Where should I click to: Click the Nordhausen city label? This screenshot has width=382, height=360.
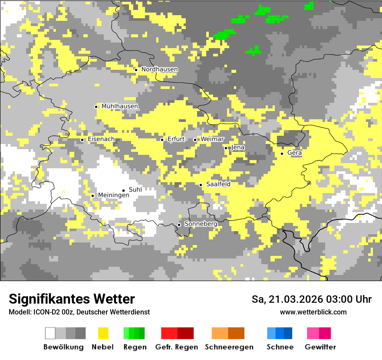[159, 69]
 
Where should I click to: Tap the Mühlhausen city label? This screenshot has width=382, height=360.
[120, 106]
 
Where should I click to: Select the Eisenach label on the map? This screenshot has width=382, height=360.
[101, 139]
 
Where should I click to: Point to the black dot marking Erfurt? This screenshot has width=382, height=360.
[162, 140]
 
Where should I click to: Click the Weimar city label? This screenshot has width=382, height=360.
[212, 139]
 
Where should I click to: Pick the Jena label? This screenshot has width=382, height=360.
[238, 147]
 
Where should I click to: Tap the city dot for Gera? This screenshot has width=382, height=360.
[282, 154]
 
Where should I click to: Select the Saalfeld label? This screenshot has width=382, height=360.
[218, 184]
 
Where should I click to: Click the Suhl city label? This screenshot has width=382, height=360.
[135, 190]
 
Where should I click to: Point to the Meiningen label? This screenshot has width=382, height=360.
[113, 196]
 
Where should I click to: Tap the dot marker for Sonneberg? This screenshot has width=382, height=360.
[179, 225]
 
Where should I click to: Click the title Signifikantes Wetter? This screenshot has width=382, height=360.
[72, 299]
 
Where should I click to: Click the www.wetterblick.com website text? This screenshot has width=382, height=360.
[313, 312]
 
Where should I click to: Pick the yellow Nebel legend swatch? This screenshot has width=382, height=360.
[103, 333]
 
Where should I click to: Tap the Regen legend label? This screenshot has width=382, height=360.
[134, 347]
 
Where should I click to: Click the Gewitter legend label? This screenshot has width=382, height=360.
[320, 347]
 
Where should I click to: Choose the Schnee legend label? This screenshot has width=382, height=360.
[280, 347]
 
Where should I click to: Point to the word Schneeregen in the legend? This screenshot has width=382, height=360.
[229, 347]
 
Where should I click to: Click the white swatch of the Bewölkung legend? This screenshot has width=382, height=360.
[50, 333]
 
